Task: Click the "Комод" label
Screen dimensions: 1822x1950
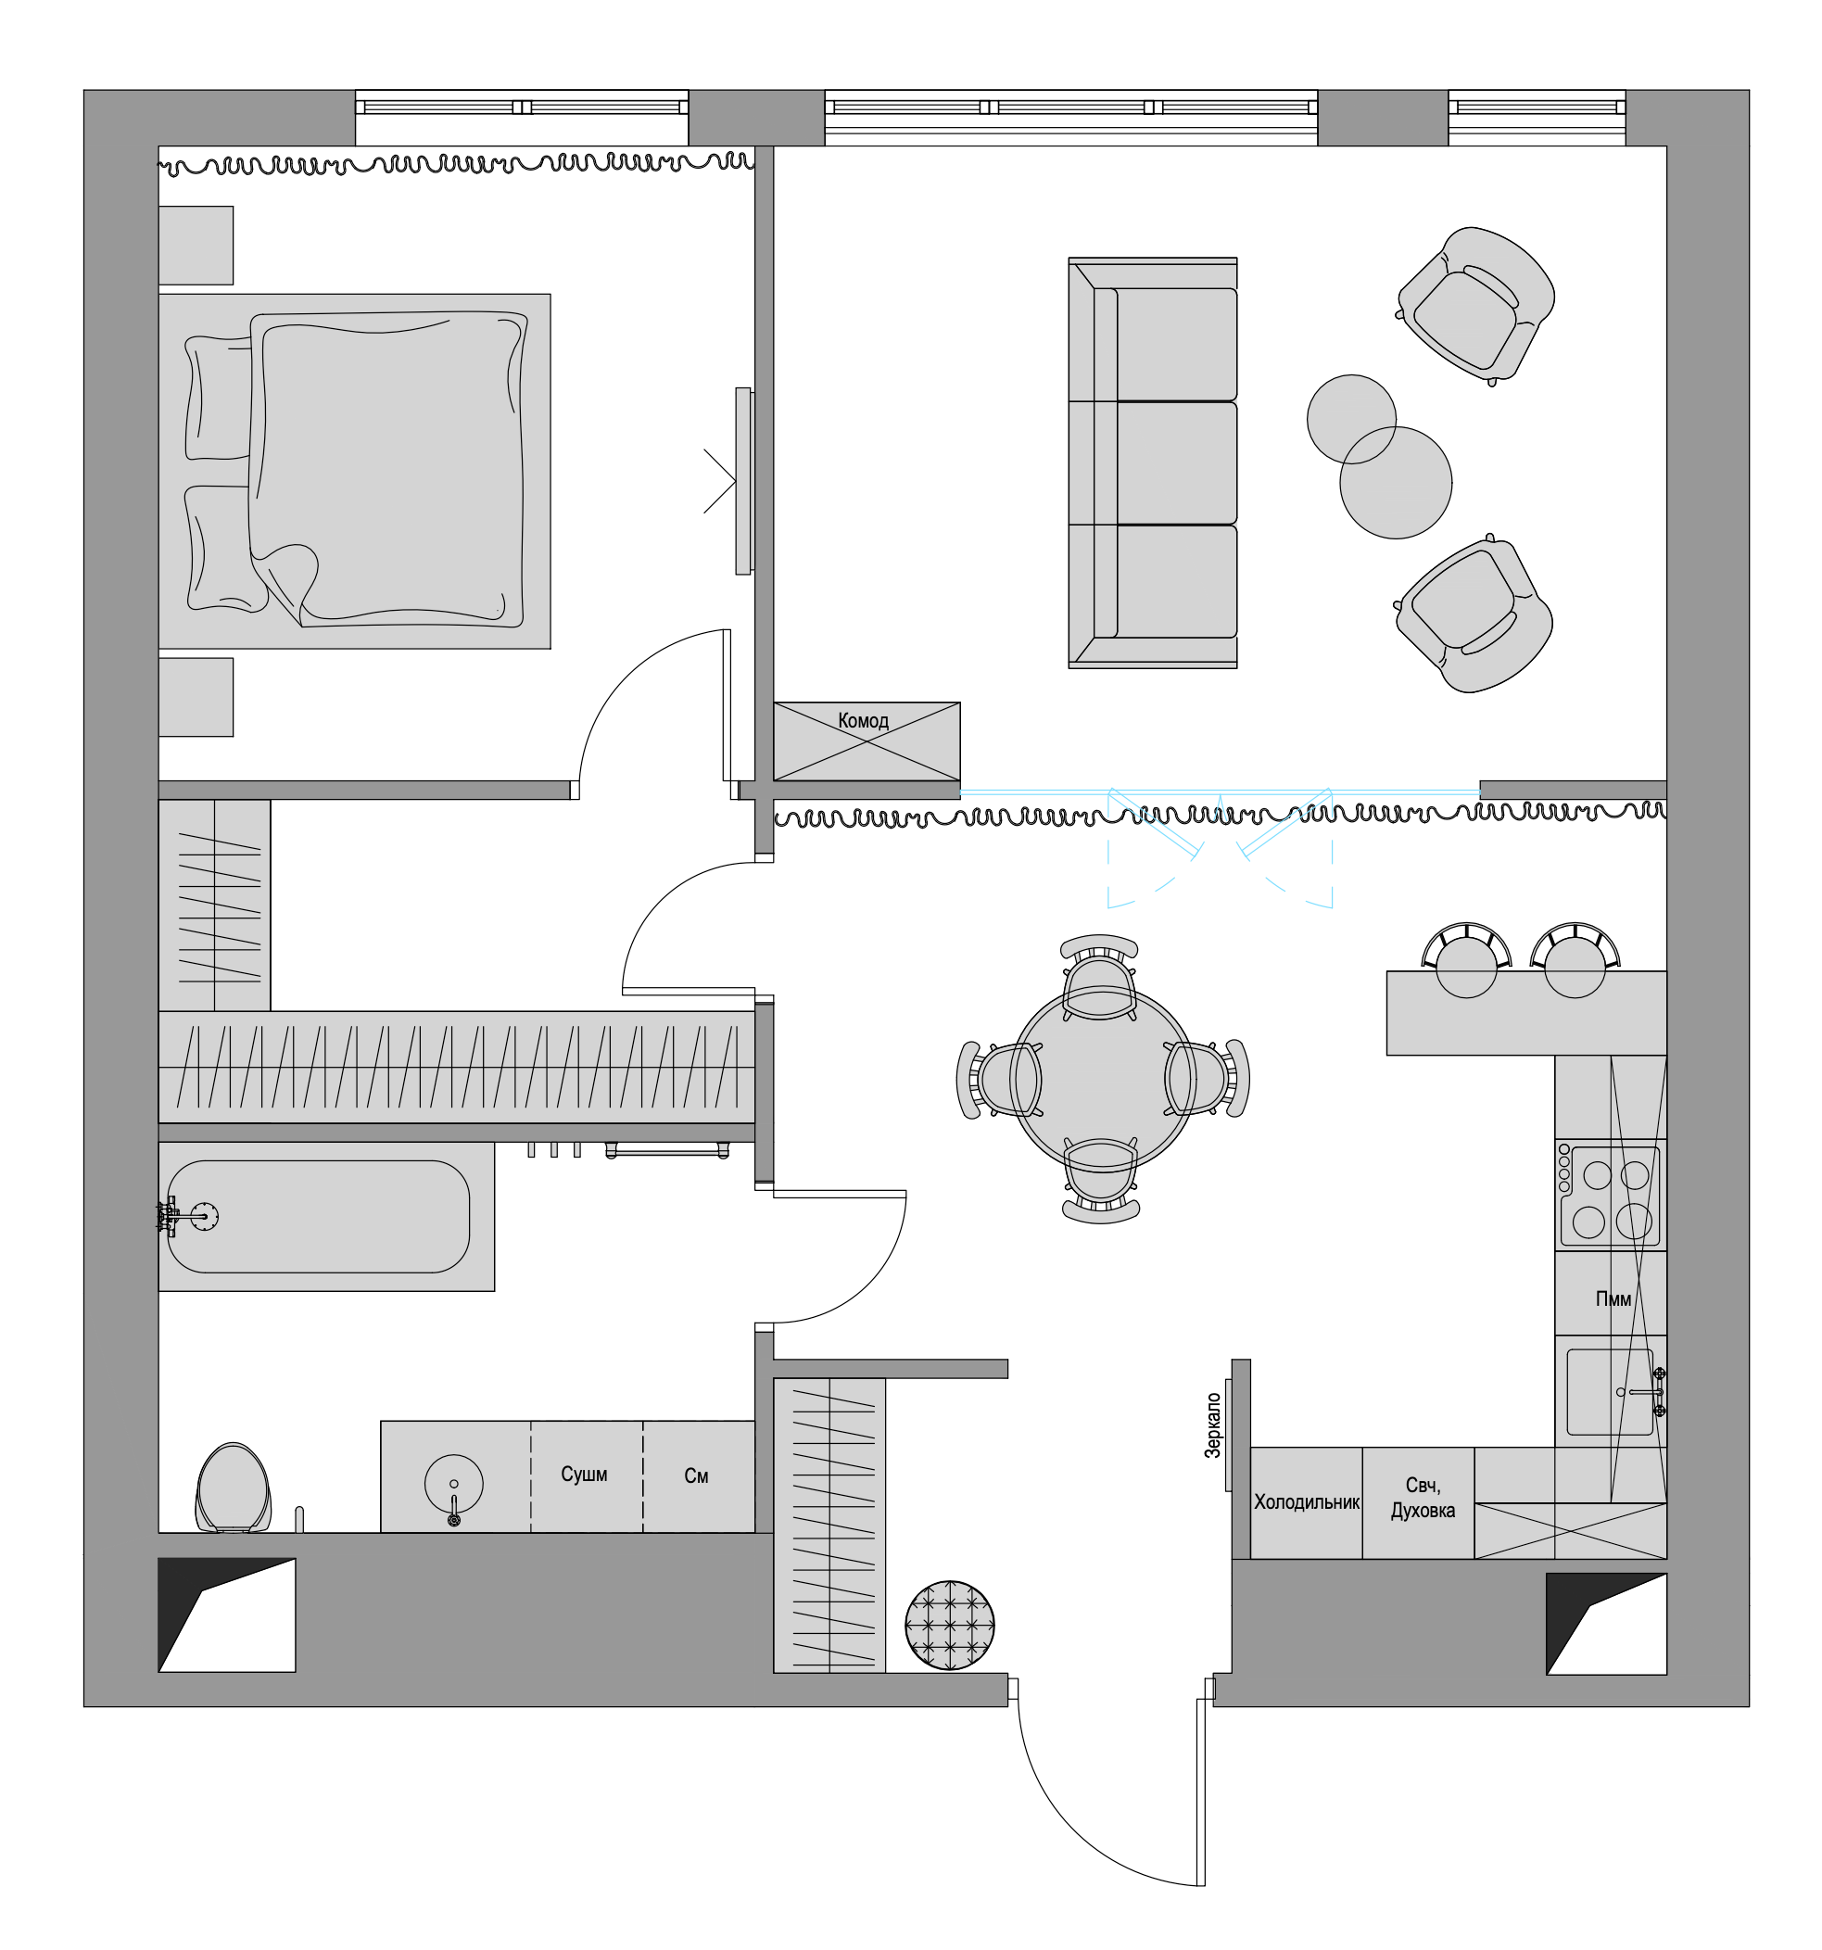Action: [863, 720]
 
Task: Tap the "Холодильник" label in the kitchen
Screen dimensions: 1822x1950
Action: [1306, 1501]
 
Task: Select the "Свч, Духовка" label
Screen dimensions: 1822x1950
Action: [1422, 1498]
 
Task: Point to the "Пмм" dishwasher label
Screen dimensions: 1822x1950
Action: [1613, 1298]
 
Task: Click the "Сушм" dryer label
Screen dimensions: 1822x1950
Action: [584, 1475]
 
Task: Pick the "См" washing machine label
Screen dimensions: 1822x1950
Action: [696, 1476]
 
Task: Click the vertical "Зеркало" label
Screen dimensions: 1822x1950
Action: [1213, 1425]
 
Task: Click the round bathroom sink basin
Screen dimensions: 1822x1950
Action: [453, 1484]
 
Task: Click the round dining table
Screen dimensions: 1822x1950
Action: [1102, 1079]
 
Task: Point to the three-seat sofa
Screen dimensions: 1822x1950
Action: [1152, 463]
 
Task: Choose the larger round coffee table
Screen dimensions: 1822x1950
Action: [1396, 483]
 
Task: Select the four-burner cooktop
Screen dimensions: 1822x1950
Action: [1610, 1195]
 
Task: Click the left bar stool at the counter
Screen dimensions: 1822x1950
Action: [1466, 959]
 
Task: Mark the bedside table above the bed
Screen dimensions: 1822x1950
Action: [196, 246]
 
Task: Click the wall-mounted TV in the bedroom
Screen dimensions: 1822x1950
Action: [744, 481]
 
